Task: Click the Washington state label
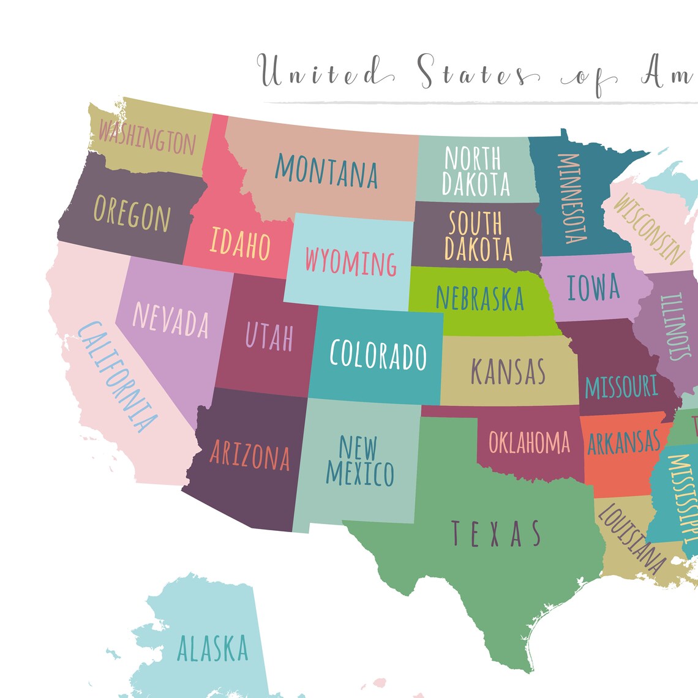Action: (147, 137)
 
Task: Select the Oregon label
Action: (132, 213)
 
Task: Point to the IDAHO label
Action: (240, 243)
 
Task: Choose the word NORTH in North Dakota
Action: (472, 159)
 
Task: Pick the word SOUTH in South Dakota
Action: (475, 223)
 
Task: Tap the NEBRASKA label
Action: (480, 298)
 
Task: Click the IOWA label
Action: (593, 287)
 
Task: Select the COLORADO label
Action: (378, 355)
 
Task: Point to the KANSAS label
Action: (508, 371)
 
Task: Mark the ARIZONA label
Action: (250, 456)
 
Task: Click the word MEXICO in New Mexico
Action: (360, 473)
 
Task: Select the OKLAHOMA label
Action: (529, 442)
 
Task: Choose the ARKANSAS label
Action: (624, 442)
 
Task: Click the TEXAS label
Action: (496, 533)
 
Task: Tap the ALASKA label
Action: (212, 648)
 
